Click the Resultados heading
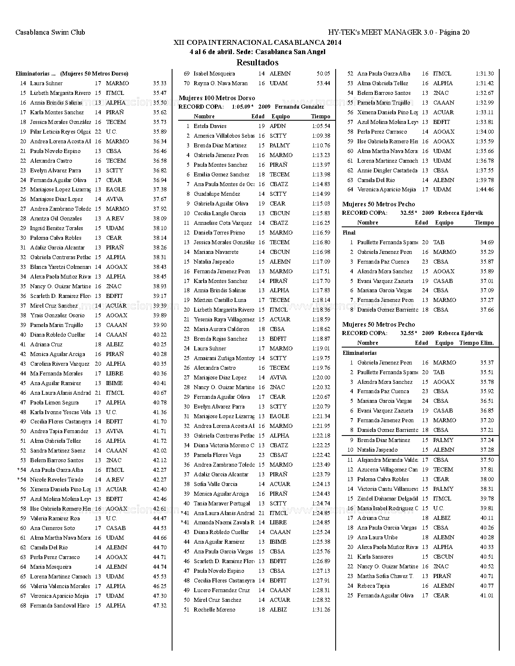click(257, 63)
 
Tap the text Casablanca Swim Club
click(50, 32)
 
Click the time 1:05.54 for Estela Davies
click(321, 126)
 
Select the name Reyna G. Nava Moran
click(220, 83)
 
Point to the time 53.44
click(323, 83)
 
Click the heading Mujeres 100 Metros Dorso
click(217, 98)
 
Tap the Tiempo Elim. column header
click(476, 343)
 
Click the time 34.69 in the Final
click(487, 242)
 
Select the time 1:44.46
click(484, 189)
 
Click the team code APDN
click(277, 126)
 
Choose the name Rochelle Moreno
click(214, 609)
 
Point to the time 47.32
click(160, 605)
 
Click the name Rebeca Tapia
click(373, 586)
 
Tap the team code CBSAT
click(279, 455)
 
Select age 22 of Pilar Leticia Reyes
click(98, 132)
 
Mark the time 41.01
click(487, 595)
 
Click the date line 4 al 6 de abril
click(257, 52)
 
